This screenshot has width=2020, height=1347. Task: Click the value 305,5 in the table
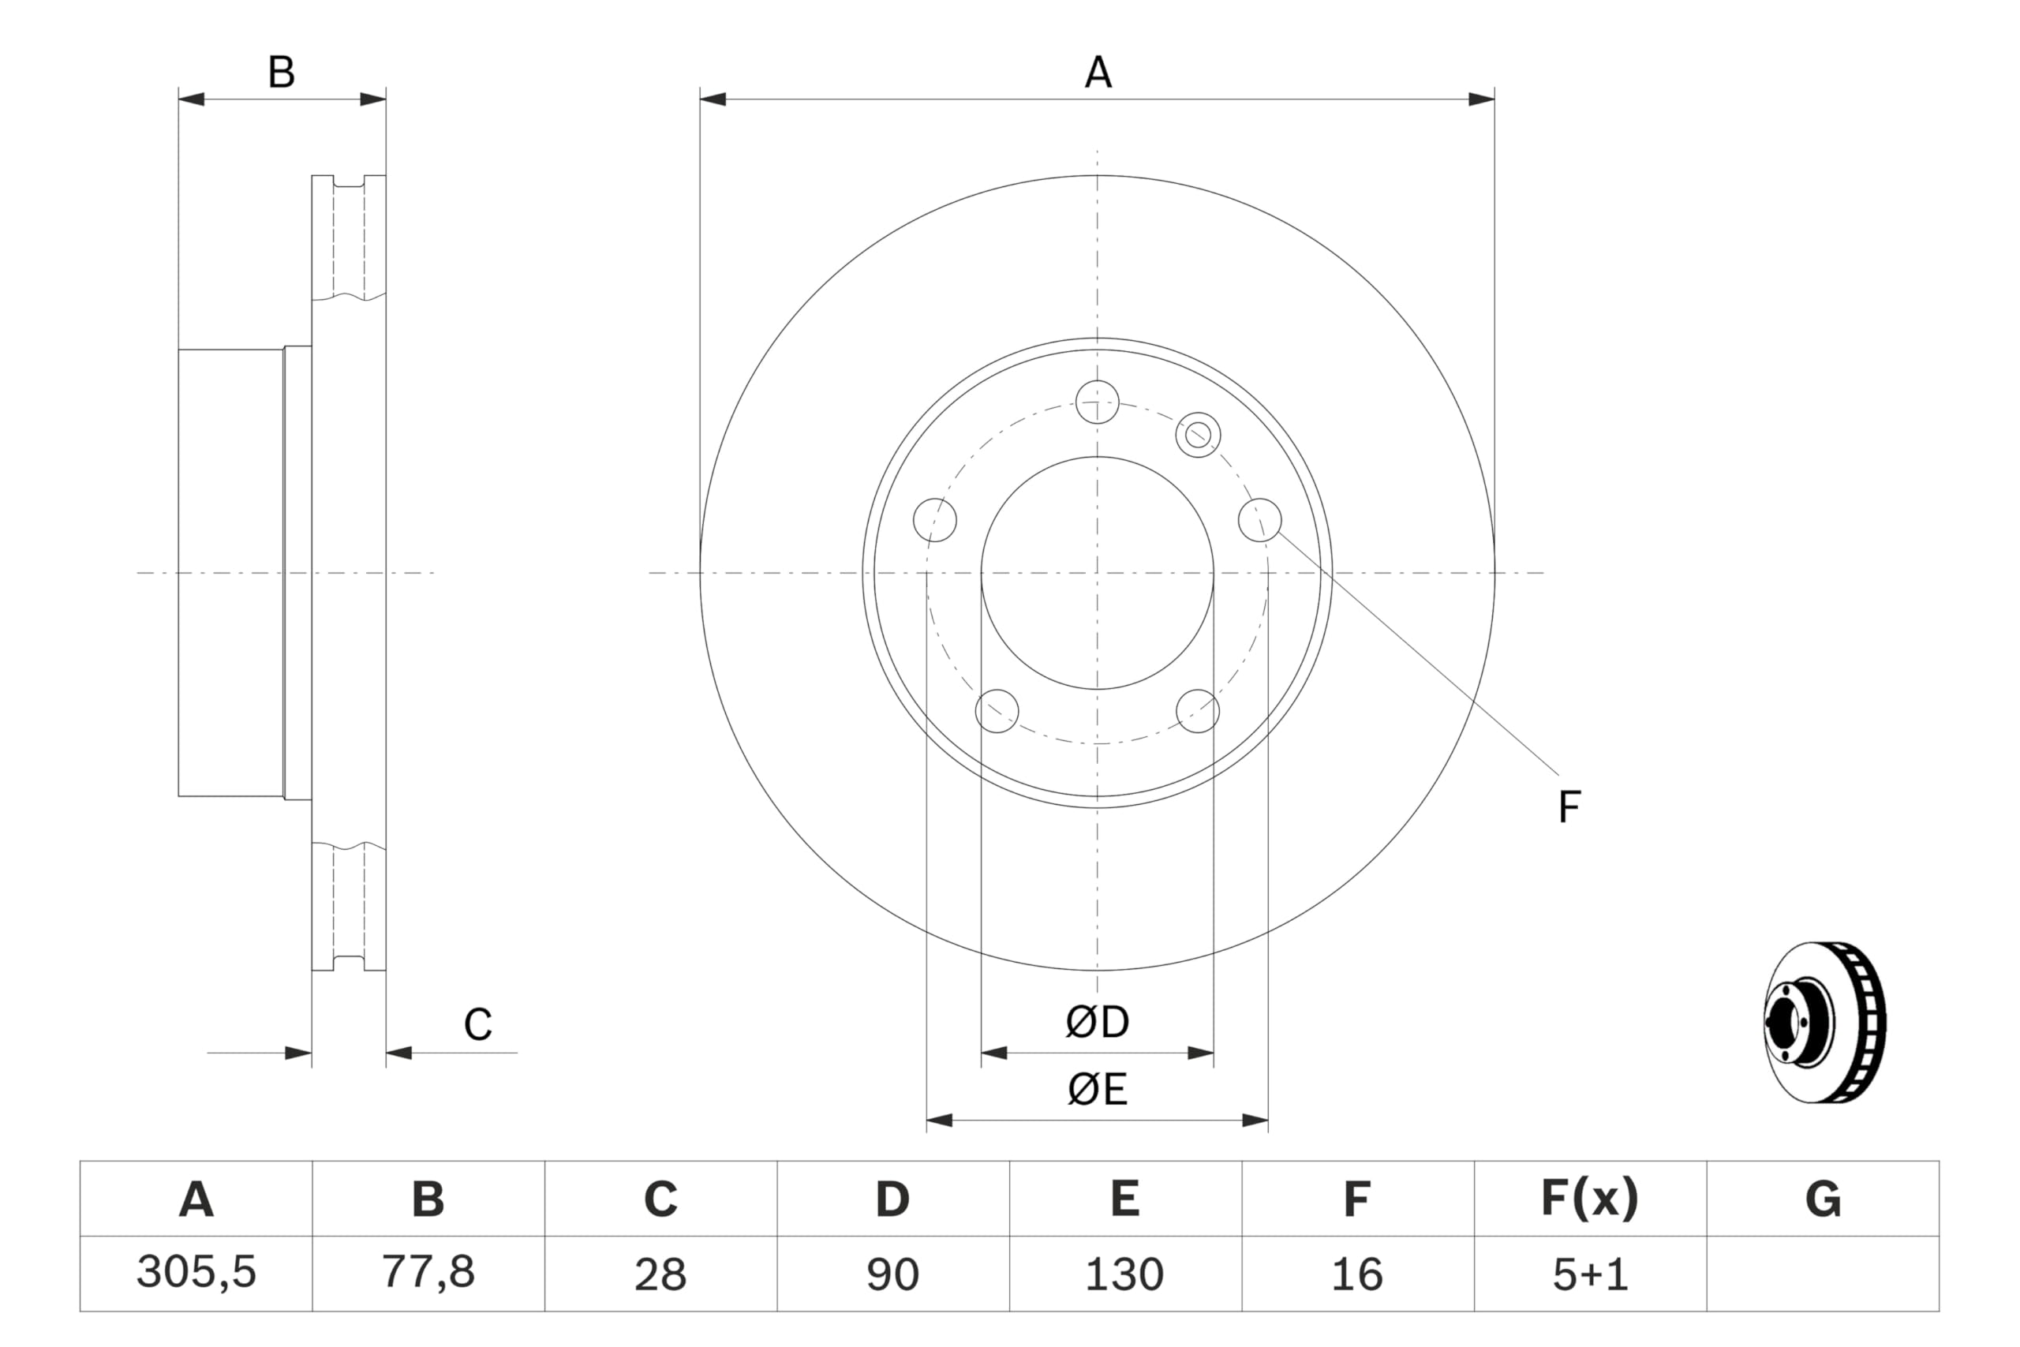tap(196, 1272)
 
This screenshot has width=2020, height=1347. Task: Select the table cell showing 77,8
tap(428, 1272)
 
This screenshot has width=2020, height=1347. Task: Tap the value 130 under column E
tap(1124, 1274)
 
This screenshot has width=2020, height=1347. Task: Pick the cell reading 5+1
tap(1590, 1274)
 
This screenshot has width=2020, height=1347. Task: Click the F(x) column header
tap(1590, 1199)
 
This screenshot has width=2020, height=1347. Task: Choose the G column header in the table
tap(1823, 1199)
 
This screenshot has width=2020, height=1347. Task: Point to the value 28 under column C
tap(660, 1274)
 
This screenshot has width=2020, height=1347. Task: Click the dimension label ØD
tap(1097, 1022)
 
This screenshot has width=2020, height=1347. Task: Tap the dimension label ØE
tap(1097, 1090)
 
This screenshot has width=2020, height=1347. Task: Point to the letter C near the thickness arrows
tap(477, 1024)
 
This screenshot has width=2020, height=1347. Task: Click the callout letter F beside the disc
tap(1569, 807)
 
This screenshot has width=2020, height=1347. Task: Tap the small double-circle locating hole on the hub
tap(1198, 435)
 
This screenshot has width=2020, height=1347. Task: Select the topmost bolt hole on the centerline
tap(1098, 402)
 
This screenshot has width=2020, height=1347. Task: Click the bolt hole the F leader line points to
tap(1260, 520)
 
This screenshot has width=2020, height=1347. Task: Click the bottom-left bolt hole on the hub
tap(997, 711)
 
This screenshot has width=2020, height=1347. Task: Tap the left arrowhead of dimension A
tap(713, 99)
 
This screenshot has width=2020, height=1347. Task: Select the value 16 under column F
tap(1357, 1274)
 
